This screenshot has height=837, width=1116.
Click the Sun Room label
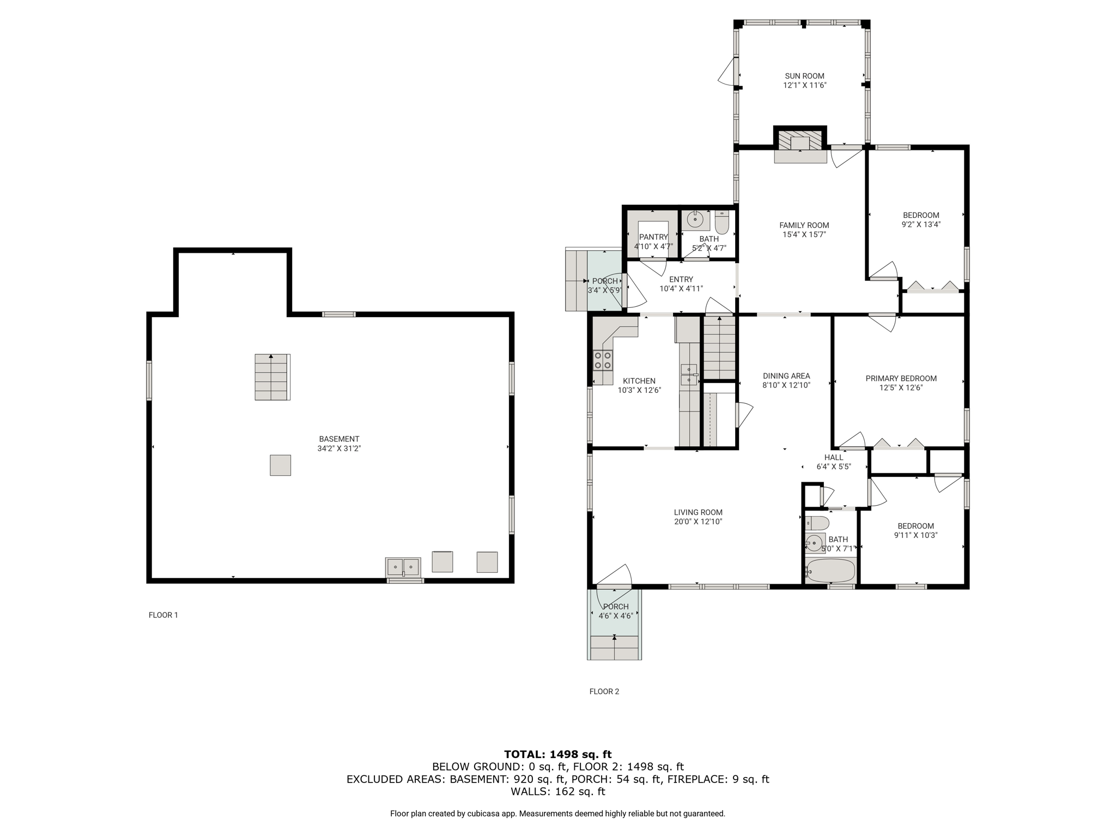click(804, 76)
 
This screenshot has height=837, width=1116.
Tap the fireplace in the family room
click(800, 145)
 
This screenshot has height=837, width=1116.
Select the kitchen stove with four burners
click(603, 360)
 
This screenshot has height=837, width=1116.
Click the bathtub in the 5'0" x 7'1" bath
click(830, 571)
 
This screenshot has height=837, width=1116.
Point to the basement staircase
click(272, 377)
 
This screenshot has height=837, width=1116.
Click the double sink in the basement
click(403, 567)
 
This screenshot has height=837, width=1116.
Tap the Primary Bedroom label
click(901, 379)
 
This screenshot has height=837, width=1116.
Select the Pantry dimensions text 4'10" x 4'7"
click(653, 247)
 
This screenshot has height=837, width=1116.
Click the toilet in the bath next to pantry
click(721, 222)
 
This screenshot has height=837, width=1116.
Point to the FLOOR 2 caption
click(604, 692)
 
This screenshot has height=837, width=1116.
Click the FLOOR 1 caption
click(163, 615)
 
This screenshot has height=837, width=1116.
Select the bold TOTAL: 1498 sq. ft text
click(558, 755)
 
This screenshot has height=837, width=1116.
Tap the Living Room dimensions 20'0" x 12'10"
click(698, 521)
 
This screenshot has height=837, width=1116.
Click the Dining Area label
click(786, 376)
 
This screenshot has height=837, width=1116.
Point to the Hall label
click(834, 458)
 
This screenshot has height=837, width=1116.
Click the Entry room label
click(681, 280)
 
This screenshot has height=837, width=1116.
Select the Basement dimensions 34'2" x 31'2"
click(339, 448)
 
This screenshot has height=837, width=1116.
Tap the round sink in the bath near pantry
click(695, 220)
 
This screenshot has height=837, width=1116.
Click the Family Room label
click(804, 226)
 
